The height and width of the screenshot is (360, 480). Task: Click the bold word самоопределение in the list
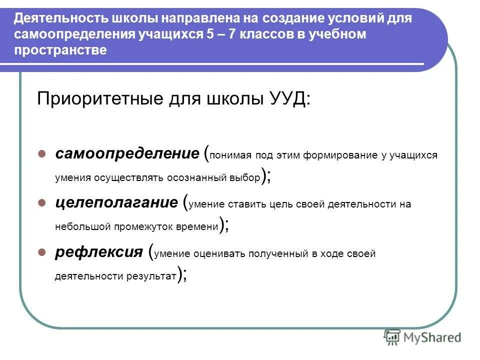(127, 153)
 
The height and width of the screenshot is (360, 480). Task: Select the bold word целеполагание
(116, 202)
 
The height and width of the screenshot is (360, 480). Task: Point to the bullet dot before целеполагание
(42, 202)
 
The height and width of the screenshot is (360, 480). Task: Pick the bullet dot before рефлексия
(42, 252)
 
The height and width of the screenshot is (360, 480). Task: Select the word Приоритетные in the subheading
(93, 98)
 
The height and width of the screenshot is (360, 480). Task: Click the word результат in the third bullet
(153, 275)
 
